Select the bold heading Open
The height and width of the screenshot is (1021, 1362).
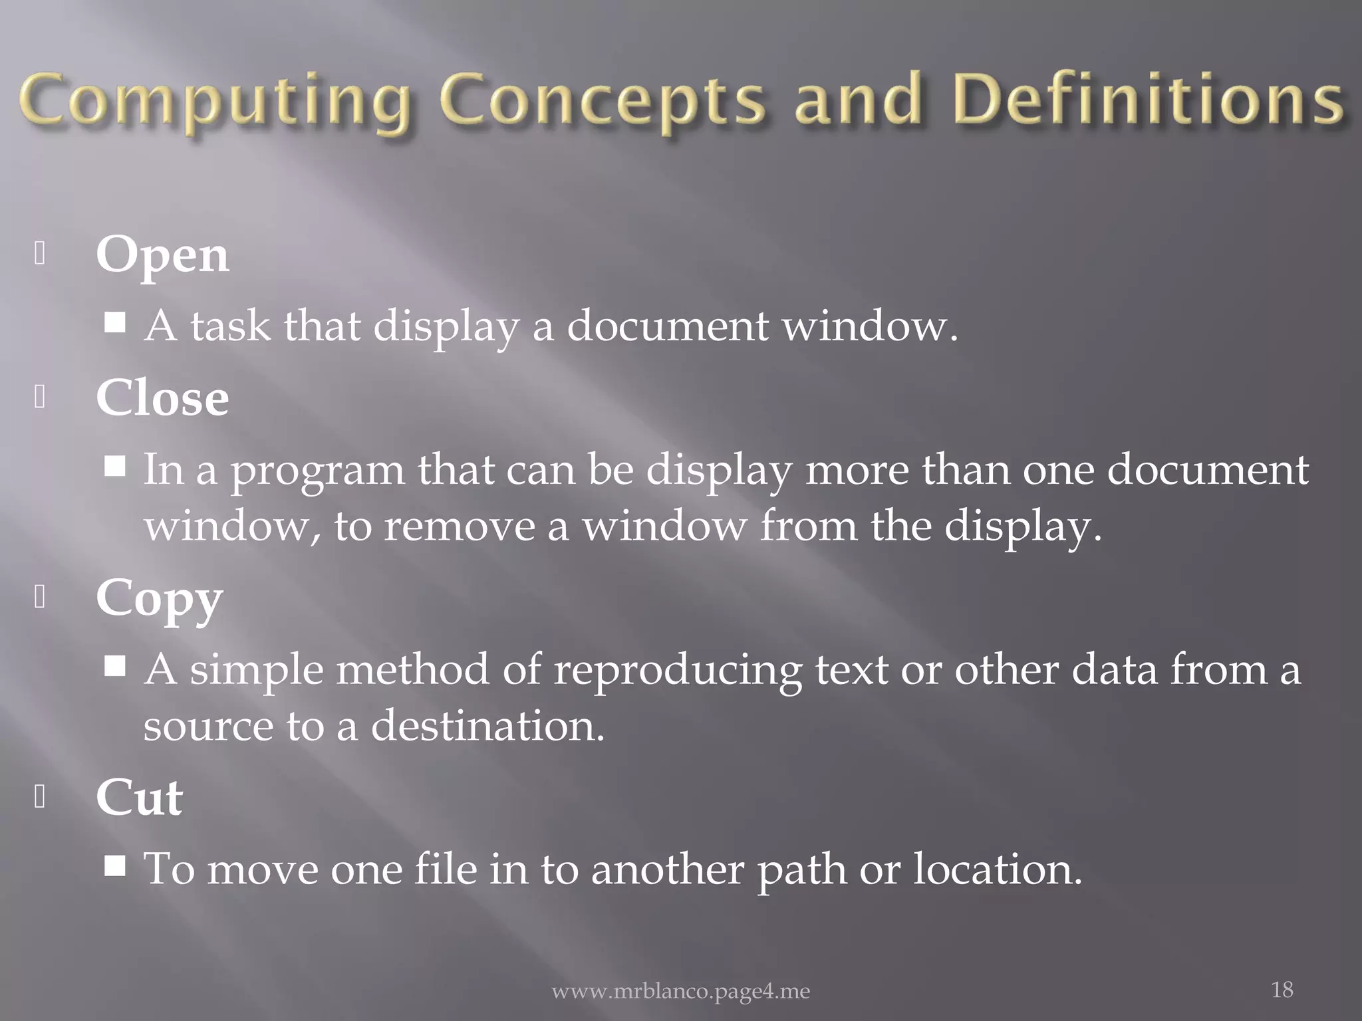tap(162, 256)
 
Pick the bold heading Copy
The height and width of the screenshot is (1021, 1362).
tap(159, 599)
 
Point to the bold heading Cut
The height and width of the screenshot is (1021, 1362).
tap(139, 797)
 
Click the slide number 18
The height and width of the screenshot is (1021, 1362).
tap(1282, 990)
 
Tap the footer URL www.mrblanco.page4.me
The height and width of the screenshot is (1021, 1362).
tap(681, 992)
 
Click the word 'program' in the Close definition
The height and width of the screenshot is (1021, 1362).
tap(317, 471)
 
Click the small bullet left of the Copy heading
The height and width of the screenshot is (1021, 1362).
tap(40, 598)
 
